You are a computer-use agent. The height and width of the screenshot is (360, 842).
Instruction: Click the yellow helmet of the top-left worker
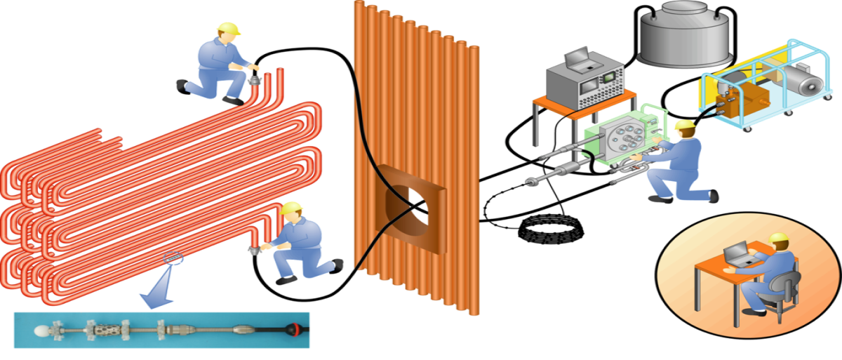click(x=228, y=28)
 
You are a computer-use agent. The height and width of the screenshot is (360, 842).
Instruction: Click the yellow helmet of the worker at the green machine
click(x=684, y=126)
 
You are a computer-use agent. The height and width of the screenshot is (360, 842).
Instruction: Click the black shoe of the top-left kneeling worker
click(x=184, y=86)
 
